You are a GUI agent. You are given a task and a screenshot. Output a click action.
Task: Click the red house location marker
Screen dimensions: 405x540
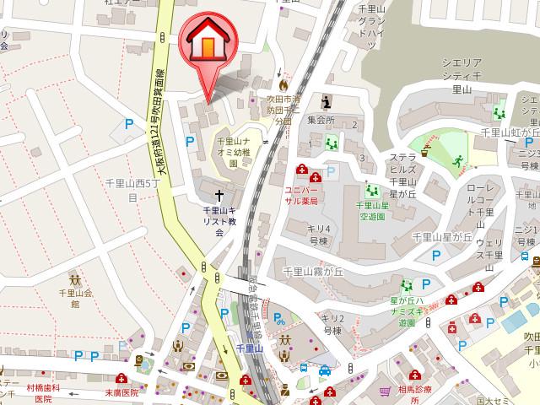click(206, 42)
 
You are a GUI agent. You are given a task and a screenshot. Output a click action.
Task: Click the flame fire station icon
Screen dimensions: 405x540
click(283, 85)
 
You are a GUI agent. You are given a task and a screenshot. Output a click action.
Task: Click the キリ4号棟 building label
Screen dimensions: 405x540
click(318, 233)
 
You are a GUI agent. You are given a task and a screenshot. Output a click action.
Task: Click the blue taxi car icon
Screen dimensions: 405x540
click(324, 370)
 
